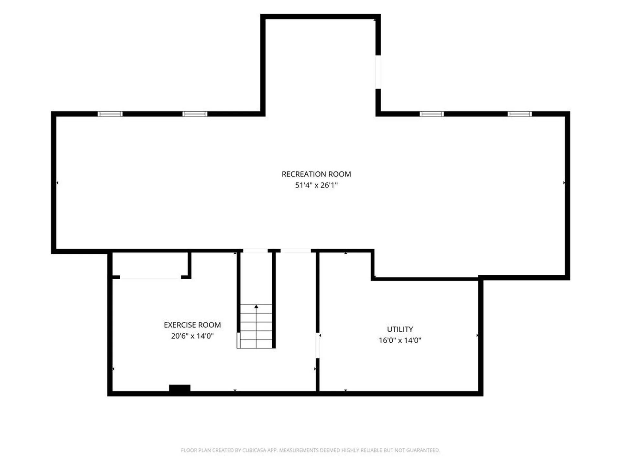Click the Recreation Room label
coord(316,174)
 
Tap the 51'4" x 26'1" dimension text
coord(316,185)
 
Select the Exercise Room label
coord(192,325)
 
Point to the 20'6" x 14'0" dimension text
coord(192,336)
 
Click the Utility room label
coord(400,329)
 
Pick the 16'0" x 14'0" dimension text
coord(400,340)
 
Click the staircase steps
coord(256,326)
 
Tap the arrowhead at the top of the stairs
coord(256,306)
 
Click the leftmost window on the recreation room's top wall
coord(110,114)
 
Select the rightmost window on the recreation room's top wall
coord(519,114)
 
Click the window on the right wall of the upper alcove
coord(378,72)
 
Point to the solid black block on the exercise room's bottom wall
coord(180,388)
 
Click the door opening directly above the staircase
coord(255,250)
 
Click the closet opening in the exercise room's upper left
coord(150,277)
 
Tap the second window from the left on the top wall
coord(195,114)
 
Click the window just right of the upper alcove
coord(431,114)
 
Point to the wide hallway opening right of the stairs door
coord(295,250)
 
